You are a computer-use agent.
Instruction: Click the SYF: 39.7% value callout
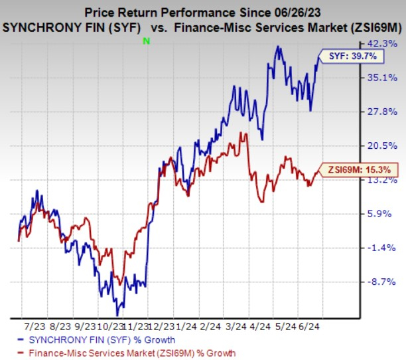coord(352,57)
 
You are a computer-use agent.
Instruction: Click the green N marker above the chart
coord(145,41)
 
